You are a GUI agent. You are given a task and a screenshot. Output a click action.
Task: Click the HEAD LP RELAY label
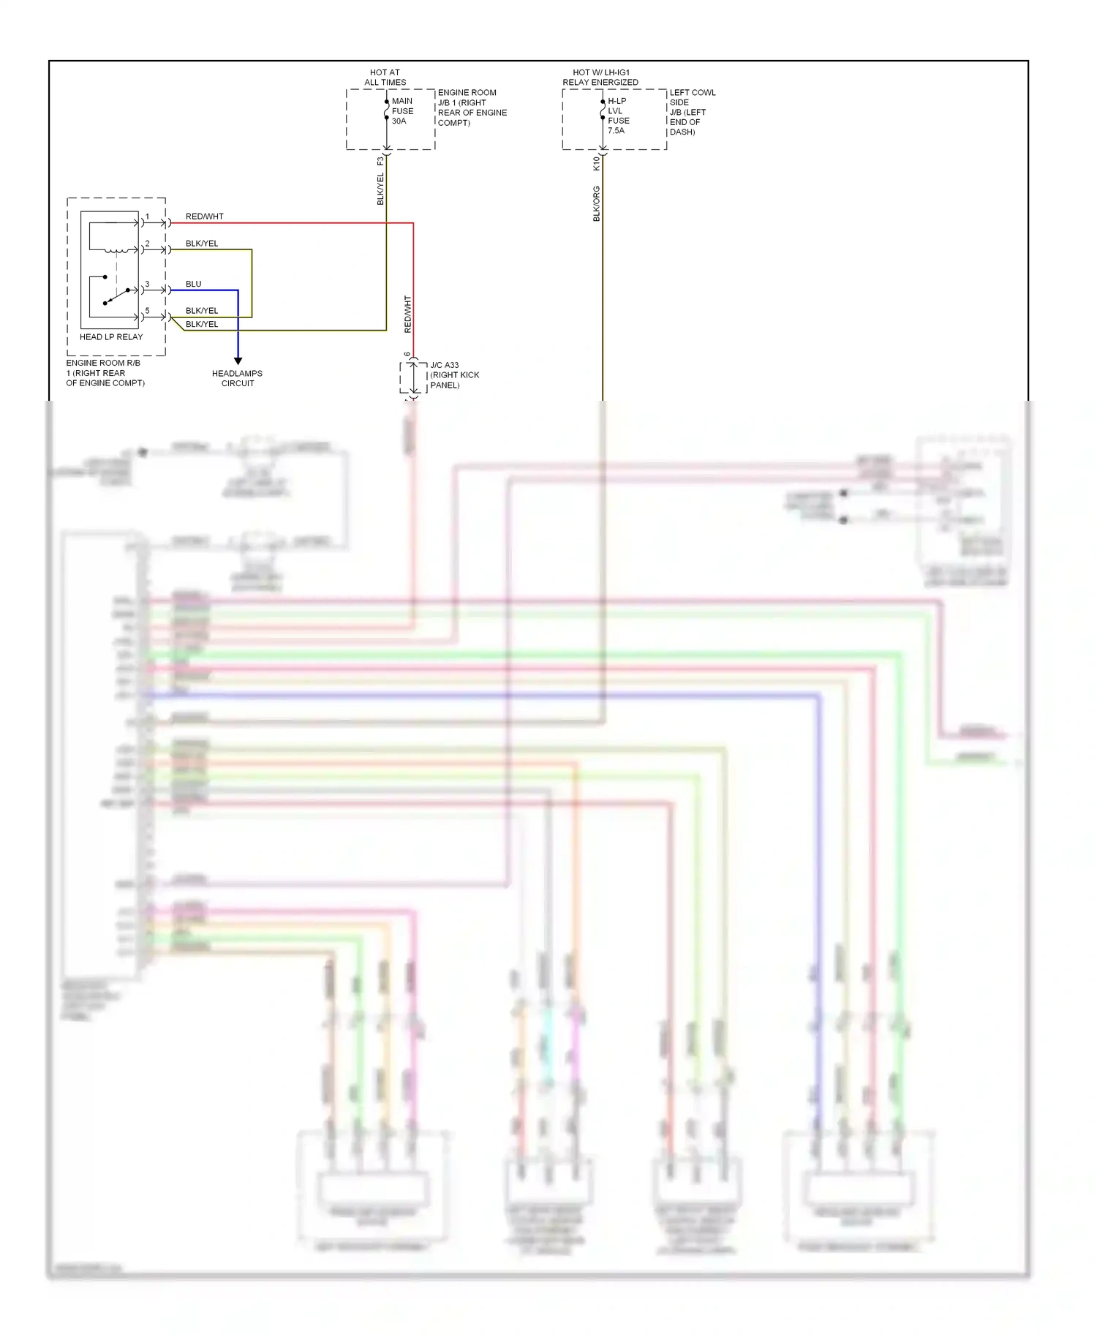[x=111, y=337]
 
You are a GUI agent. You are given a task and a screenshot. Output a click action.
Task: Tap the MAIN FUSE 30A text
[x=402, y=111]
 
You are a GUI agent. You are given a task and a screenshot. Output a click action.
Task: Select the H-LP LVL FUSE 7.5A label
[x=618, y=116]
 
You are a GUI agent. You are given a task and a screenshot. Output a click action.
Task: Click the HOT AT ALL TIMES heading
[x=385, y=78]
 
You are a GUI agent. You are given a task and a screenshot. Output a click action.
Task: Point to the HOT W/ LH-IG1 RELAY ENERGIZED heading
[x=600, y=78]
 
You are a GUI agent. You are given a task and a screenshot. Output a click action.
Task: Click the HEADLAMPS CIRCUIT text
[x=237, y=378]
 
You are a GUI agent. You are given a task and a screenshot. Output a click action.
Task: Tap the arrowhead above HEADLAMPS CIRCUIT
[x=238, y=361]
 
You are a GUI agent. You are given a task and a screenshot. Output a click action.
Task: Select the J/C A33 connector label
[x=454, y=374]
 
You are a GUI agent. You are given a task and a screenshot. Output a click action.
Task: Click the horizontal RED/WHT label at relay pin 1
[x=204, y=216]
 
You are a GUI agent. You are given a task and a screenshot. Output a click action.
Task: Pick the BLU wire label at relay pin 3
[x=193, y=284]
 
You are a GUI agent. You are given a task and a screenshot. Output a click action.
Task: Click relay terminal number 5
[x=147, y=311]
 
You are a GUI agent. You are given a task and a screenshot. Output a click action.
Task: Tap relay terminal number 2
[x=147, y=244]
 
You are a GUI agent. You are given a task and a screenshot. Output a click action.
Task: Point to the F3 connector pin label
[x=380, y=161]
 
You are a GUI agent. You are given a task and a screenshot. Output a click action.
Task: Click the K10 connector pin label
[x=596, y=163]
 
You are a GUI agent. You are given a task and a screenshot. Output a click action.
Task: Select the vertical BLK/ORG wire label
[x=596, y=203]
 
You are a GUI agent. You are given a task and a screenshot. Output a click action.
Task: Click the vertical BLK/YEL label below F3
[x=380, y=189]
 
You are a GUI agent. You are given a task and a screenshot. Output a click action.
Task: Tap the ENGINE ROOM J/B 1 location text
[x=472, y=108]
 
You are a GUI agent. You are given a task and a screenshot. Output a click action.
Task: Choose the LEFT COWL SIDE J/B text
[x=692, y=112]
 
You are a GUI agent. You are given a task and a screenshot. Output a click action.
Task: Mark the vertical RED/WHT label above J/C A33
[x=407, y=315]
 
